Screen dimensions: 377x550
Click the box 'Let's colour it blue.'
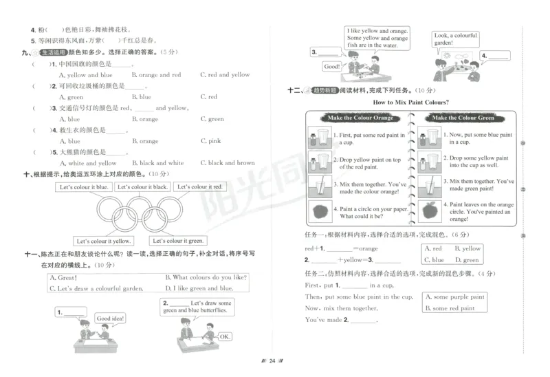(x=84, y=187)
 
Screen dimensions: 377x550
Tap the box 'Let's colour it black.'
(x=142, y=187)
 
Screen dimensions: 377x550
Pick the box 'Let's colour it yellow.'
(x=103, y=241)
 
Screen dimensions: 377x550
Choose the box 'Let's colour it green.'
(x=177, y=241)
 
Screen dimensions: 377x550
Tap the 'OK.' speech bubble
(x=224, y=336)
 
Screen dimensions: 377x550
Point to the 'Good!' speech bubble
(x=332, y=67)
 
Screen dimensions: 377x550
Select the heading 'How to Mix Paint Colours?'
(x=410, y=103)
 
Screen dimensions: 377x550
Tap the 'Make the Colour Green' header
(x=463, y=118)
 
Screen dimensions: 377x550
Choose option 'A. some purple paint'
(x=459, y=297)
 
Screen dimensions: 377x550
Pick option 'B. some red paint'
(x=454, y=308)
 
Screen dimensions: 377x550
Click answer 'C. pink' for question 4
(x=210, y=141)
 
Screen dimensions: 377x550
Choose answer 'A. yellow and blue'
(x=86, y=75)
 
